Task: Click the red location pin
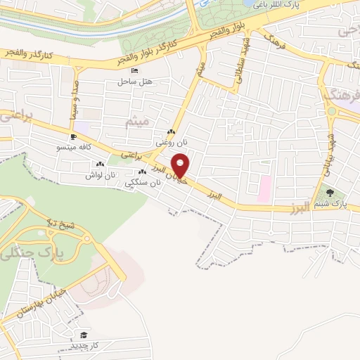(x=181, y=167)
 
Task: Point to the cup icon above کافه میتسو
(x=74, y=136)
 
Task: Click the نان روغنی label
(x=172, y=142)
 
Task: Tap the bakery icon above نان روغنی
(x=172, y=132)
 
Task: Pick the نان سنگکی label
(x=143, y=182)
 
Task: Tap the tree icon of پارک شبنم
(x=327, y=193)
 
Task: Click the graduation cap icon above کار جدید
(x=84, y=335)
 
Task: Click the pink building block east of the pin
(x=265, y=188)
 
